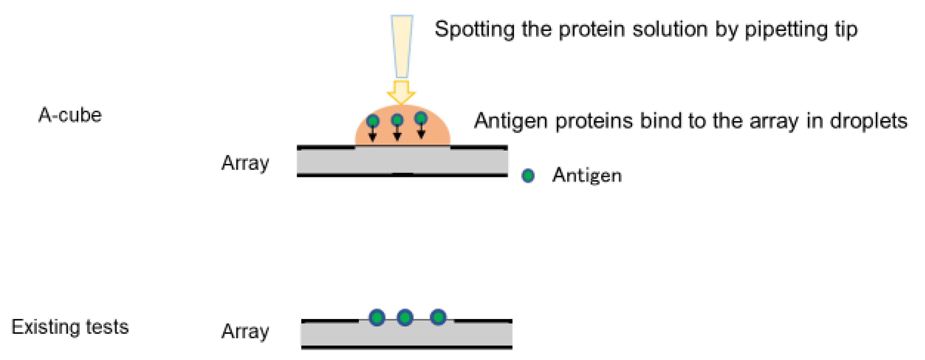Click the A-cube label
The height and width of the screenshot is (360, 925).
coord(70,115)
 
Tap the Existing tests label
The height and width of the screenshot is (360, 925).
coord(70,327)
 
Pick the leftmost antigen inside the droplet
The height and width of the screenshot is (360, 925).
coord(373,121)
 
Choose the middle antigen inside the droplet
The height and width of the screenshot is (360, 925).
coord(397,119)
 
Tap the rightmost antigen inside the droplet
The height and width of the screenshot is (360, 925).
coord(421,118)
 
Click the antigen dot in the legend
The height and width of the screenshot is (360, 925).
coord(528,176)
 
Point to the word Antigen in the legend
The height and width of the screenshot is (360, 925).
coord(587,176)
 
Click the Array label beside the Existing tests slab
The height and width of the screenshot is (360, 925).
coord(245,331)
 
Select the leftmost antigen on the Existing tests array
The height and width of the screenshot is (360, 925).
coord(377,317)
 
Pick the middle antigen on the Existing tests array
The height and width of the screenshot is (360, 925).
coord(405,317)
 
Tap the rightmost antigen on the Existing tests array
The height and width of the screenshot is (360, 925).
coord(438,317)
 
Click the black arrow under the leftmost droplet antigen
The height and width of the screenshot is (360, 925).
coord(373,135)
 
